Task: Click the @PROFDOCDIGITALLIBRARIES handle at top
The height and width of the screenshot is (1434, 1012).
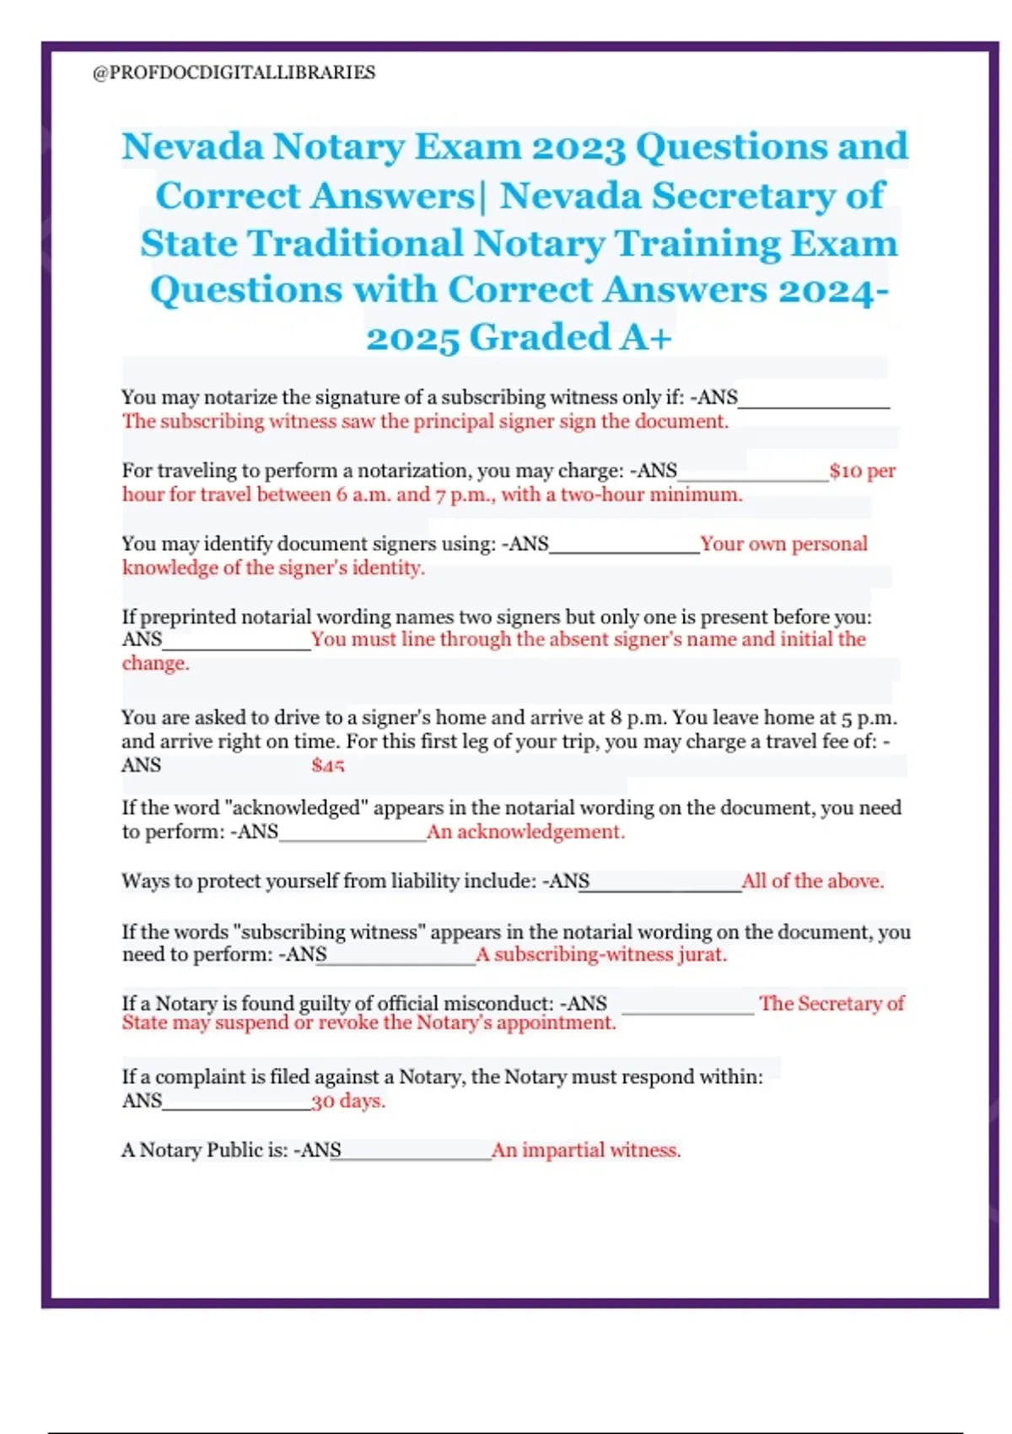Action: click(234, 73)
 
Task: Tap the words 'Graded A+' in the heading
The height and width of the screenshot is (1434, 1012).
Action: click(570, 337)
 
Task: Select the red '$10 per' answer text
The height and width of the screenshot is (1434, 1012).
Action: click(862, 471)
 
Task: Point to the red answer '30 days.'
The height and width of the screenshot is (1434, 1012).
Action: click(348, 1101)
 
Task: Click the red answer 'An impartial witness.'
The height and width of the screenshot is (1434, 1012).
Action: click(586, 1150)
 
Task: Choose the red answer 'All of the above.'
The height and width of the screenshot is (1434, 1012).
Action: click(813, 881)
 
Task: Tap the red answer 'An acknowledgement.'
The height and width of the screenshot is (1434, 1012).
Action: click(525, 832)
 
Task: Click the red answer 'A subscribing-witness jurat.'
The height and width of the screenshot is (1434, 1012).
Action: click(601, 954)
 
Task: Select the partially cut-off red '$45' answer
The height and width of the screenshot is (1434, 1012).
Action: click(327, 766)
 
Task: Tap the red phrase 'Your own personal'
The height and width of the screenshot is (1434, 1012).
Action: click(783, 543)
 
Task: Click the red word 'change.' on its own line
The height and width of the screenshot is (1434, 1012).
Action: click(156, 663)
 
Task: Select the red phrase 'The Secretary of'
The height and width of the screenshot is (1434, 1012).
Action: click(831, 1003)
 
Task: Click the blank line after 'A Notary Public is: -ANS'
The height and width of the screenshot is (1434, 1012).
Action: click(416, 1154)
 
